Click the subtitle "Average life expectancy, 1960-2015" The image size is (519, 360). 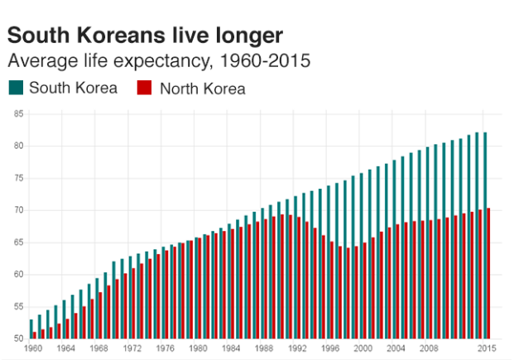pyautogui.click(x=158, y=60)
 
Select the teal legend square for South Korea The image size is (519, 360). pyautogui.click(x=16, y=88)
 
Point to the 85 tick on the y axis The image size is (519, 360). pyautogui.click(x=17, y=114)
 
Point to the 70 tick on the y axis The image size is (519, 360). pyautogui.click(x=17, y=210)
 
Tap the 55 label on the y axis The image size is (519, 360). pyautogui.click(x=17, y=307)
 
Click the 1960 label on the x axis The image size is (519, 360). pyautogui.click(x=33, y=348)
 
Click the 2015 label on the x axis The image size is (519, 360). pyautogui.click(x=486, y=348)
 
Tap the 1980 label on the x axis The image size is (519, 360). pyautogui.click(x=198, y=348)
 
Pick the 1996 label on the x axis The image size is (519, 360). pyautogui.click(x=329, y=348)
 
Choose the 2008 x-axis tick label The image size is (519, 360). pyautogui.click(x=429, y=348)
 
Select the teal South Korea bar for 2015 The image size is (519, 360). pyautogui.click(x=485, y=236)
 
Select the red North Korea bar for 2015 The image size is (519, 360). pyautogui.click(x=488, y=274)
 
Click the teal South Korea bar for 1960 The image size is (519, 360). pyautogui.click(x=31, y=329)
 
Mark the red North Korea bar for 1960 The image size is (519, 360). pyautogui.click(x=35, y=335)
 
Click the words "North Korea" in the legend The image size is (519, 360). pyautogui.click(x=202, y=89)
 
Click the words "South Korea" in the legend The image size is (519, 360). pyautogui.click(x=73, y=88)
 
